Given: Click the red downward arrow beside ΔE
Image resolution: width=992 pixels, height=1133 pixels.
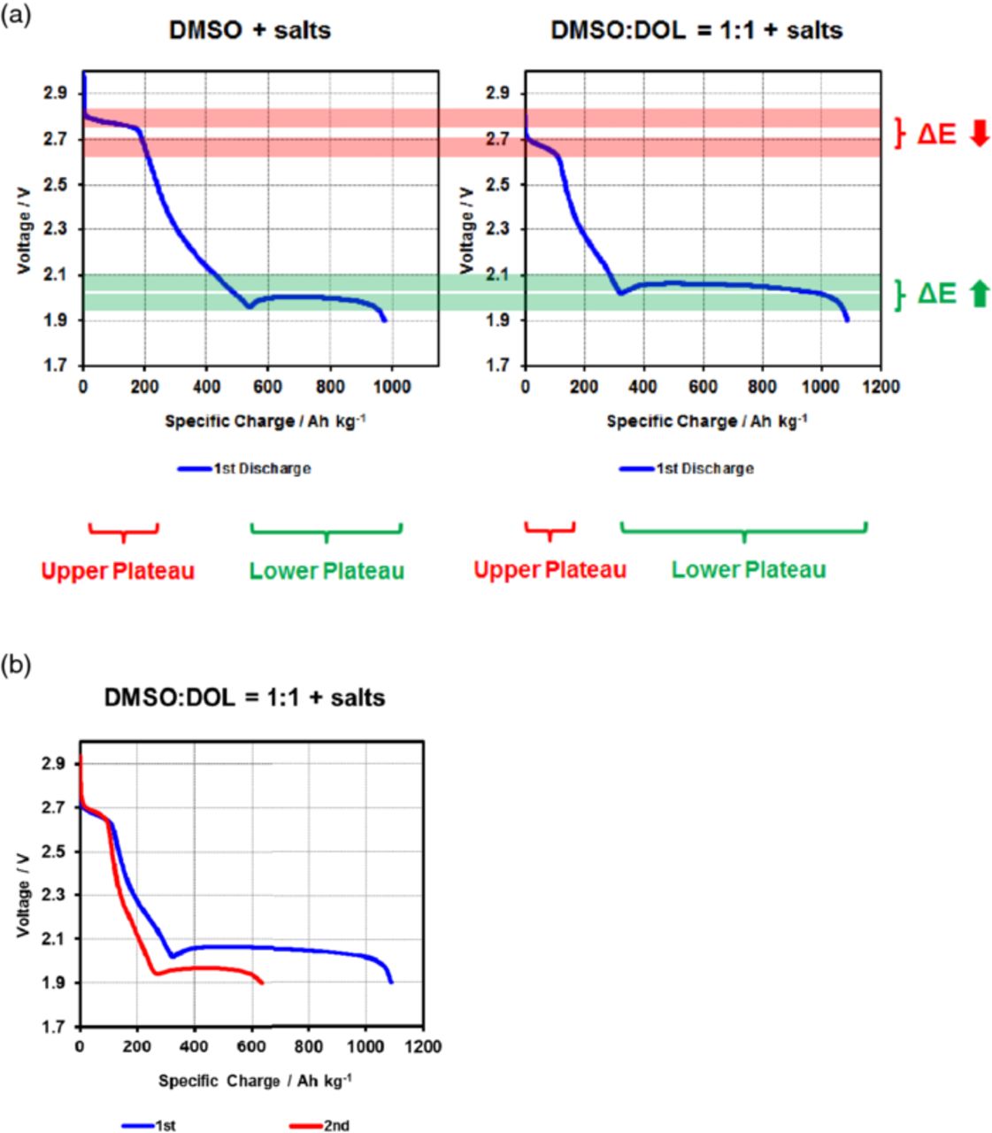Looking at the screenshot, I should (979, 135).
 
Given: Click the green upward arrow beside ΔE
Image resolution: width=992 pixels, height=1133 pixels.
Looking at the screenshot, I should (979, 294).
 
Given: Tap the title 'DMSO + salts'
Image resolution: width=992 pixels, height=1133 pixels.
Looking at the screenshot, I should (250, 30).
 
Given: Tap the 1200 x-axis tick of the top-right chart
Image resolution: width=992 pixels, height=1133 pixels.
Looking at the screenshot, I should (880, 386).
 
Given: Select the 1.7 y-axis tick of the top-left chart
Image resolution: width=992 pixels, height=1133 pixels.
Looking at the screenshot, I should (58, 366).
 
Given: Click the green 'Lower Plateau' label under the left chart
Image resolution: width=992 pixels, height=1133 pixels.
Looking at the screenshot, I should (327, 571).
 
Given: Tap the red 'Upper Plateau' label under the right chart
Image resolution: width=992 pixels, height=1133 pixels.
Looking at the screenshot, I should (550, 570).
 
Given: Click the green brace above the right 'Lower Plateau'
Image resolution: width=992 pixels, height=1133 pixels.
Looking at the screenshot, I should (743, 531).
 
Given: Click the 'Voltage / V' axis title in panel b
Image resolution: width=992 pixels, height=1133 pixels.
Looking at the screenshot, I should (24, 895).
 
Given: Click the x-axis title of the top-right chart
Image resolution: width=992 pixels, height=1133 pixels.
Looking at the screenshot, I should (706, 422).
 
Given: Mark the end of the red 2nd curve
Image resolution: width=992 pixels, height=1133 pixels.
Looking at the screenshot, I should (262, 983).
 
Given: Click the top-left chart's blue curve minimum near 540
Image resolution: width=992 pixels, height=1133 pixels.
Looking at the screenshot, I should (250, 307).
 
